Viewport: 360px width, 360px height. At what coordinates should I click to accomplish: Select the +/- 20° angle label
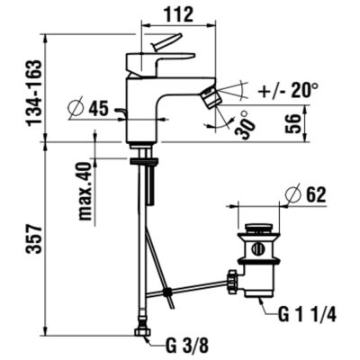pos(292,92)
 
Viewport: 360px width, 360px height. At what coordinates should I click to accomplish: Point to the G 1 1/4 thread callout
pos(308,315)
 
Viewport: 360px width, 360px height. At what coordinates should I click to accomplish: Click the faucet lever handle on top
pos(167,45)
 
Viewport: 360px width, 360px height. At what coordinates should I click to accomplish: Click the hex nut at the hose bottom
pos(141,333)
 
